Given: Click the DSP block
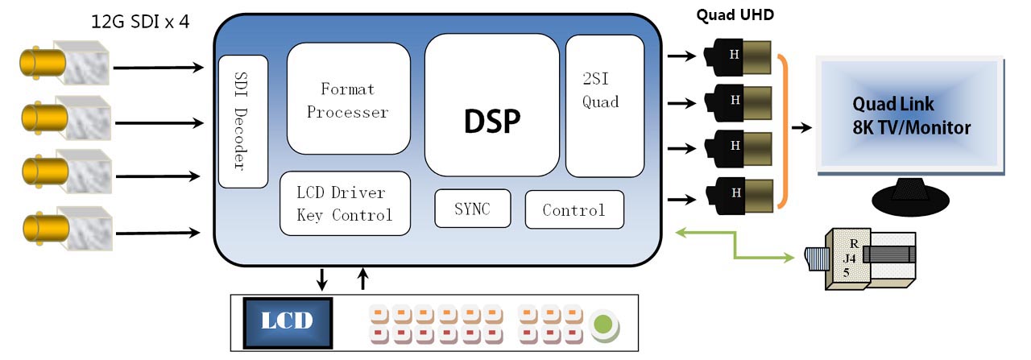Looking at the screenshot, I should pyautogui.click(x=491, y=105).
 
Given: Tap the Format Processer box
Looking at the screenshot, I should pyautogui.click(x=348, y=99).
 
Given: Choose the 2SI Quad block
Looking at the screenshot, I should pyautogui.click(x=604, y=106).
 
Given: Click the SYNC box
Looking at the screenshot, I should pyautogui.click(x=472, y=209).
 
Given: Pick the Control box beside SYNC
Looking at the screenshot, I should pyautogui.click(x=573, y=210).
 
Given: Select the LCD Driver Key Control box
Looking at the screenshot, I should pyautogui.click(x=345, y=204).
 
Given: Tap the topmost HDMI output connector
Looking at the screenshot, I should pyautogui.click(x=737, y=57).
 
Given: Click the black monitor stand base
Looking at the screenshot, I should pyautogui.click(x=911, y=197).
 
